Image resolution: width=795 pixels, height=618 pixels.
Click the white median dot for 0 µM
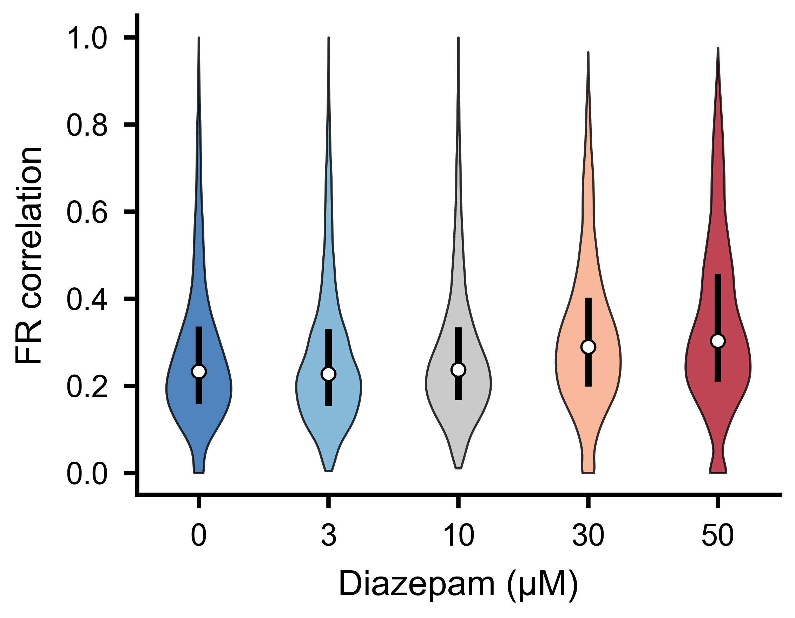(199, 371)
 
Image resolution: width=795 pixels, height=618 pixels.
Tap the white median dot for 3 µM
(328, 374)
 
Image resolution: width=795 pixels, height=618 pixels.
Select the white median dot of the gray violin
(458, 370)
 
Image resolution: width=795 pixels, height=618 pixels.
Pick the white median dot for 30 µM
(588, 347)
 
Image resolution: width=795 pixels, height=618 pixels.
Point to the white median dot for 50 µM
(718, 341)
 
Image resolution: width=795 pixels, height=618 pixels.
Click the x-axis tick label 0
(199, 535)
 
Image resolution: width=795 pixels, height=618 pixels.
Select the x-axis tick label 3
(328, 535)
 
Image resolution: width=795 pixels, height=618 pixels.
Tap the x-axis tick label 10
(458, 535)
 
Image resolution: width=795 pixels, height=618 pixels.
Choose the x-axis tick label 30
(588, 535)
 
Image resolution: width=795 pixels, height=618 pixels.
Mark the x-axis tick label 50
(718, 535)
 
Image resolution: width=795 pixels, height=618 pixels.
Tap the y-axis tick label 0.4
(87, 300)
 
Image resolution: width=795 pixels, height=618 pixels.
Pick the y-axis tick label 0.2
(87, 387)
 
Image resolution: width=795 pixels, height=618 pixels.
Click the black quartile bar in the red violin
(718, 328)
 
